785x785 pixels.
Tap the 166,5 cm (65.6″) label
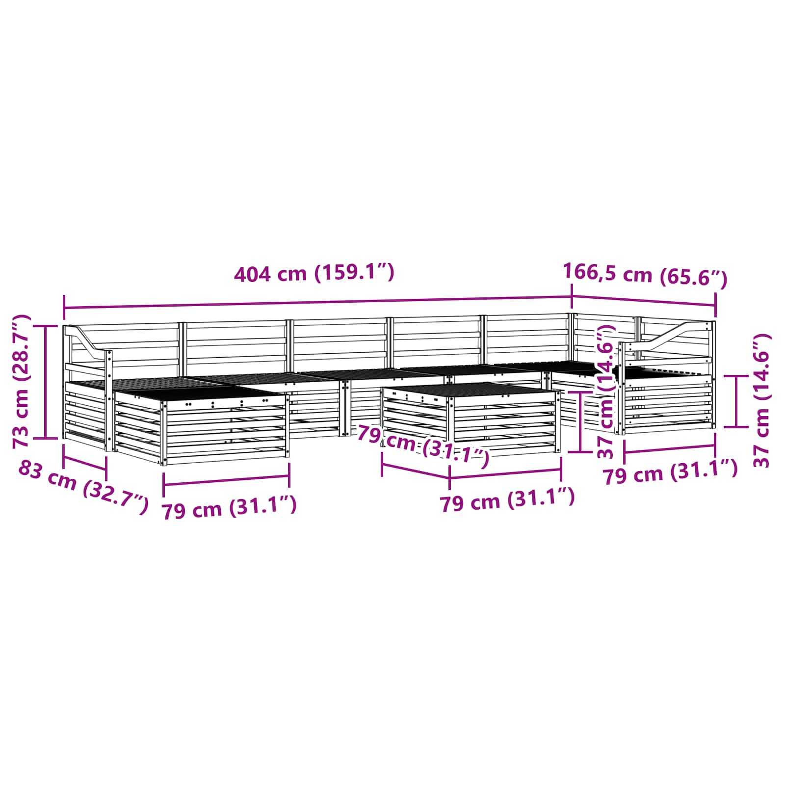click(645, 274)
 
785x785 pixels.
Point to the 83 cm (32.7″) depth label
click(83, 487)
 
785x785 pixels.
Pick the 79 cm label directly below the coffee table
click(507, 500)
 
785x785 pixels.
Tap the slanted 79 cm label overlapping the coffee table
click(423, 446)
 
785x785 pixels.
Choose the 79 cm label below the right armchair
click(670, 472)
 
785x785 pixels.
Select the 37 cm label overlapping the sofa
click(606, 392)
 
